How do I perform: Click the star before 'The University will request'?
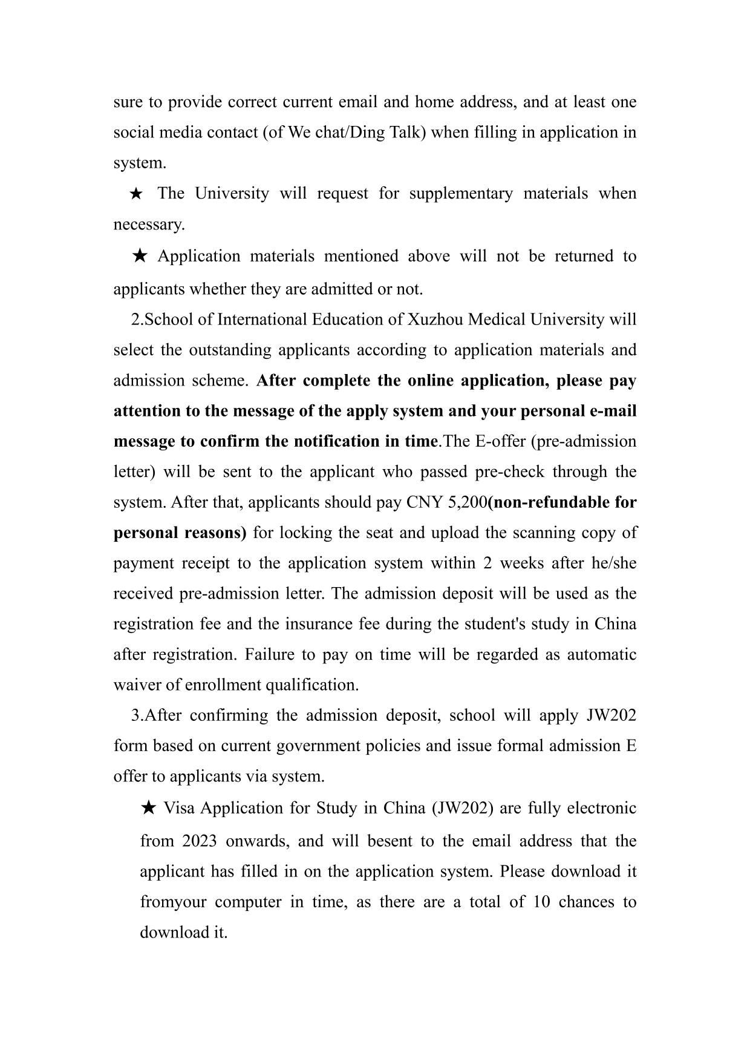[136, 194]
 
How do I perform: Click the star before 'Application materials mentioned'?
[139, 256]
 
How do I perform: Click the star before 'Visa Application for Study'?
[149, 808]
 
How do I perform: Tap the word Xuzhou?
[435, 319]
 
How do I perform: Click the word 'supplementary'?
[460, 194]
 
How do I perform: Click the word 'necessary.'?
[149, 225]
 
